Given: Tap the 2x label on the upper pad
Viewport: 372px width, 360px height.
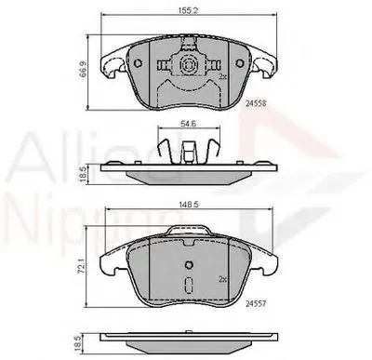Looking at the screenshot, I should coord(223,77).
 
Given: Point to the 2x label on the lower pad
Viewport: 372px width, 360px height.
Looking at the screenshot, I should coord(224,278).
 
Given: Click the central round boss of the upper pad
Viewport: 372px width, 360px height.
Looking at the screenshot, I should coord(186,66).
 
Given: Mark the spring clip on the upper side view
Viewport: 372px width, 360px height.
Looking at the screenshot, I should coord(187,148).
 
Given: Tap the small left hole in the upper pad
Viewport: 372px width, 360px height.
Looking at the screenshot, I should coord(137,63).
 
